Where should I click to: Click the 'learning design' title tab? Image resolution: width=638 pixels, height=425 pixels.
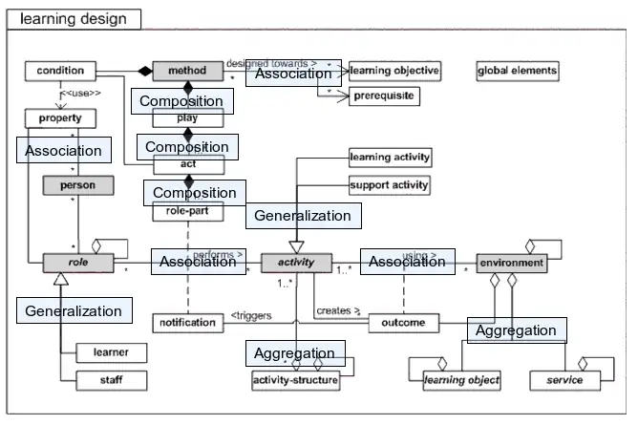[71, 18]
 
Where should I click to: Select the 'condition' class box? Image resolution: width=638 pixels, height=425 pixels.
[61, 71]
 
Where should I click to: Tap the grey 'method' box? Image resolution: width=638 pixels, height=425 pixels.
[187, 71]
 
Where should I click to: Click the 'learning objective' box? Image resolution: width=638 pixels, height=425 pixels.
[393, 71]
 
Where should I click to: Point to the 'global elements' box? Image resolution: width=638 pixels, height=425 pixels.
[517, 71]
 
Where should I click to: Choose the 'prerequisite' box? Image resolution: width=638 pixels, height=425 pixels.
[383, 96]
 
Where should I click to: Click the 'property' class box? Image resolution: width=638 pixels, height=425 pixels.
[61, 119]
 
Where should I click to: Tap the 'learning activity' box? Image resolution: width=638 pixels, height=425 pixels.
[390, 157]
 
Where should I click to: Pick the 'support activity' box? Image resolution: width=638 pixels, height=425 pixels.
[389, 184]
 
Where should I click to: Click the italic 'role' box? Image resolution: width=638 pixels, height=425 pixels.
[78, 261]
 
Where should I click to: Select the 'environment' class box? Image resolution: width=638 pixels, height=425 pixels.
[511, 262]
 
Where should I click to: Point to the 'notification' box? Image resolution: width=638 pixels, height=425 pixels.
[187, 323]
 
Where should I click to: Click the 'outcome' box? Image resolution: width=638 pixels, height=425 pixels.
[403, 323]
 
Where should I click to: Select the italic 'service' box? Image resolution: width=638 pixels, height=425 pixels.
[564, 380]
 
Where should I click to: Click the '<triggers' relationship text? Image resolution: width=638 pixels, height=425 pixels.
[251, 316]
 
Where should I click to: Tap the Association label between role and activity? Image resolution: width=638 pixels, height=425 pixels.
[198, 262]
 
